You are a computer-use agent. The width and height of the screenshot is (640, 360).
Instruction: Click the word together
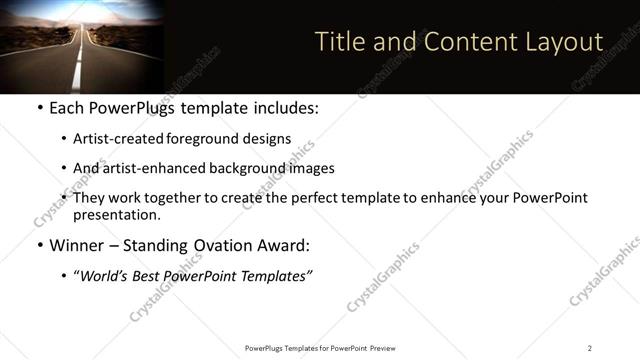[189, 198]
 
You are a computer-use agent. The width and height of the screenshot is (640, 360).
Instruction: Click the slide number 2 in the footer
[590, 348]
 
